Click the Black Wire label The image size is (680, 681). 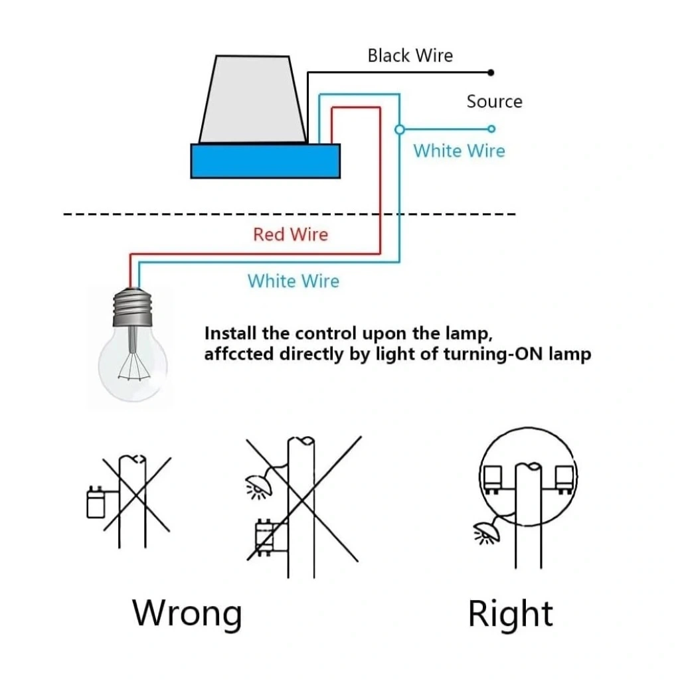[410, 55]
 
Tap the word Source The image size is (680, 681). [494, 102]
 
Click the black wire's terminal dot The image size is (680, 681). [491, 72]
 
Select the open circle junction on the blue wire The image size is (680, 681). [399, 129]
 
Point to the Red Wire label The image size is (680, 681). [290, 234]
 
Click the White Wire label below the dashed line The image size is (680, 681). [293, 281]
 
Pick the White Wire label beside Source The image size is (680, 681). [459, 151]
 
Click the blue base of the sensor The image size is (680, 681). [265, 161]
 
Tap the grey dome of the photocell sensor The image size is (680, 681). [252, 100]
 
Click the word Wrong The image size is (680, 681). [187, 613]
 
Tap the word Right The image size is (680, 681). [510, 613]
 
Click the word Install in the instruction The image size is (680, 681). [230, 333]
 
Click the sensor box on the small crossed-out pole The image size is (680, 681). [96, 502]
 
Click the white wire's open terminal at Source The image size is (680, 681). [491, 128]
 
